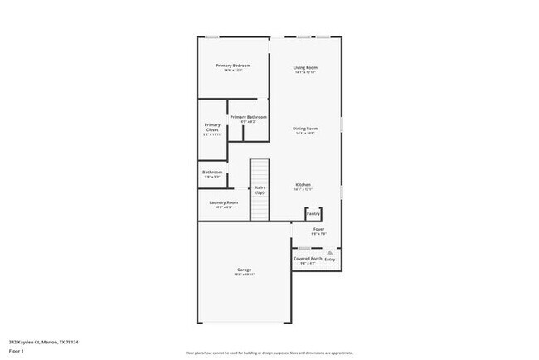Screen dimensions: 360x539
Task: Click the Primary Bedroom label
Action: pos(233,66)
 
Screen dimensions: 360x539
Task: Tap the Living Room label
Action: pos(306,67)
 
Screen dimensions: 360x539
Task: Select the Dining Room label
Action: pos(305,129)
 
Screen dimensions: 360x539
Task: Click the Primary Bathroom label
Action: pos(248,117)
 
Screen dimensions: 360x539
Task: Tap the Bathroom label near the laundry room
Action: pos(212,173)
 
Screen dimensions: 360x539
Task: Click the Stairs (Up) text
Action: pos(260,190)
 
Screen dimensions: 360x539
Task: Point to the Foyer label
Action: pos(318,229)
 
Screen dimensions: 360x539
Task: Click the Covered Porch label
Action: pos(308,259)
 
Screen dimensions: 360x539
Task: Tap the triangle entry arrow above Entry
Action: pos(329,251)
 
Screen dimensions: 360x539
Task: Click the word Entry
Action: pos(330,259)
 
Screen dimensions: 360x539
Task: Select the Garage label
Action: pos(244,270)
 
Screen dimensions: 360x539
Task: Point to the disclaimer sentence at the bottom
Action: pos(269,352)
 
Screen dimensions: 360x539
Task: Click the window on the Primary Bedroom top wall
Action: pos(212,36)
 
